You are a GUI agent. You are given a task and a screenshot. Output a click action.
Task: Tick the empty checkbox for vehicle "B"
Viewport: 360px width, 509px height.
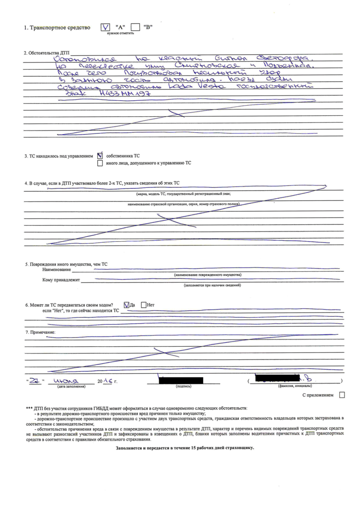[x=135, y=27]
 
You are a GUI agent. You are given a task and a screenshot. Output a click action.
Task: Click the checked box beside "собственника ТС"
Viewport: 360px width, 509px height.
[x=100, y=156]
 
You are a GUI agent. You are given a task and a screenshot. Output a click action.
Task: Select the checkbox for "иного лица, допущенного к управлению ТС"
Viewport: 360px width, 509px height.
[x=100, y=163]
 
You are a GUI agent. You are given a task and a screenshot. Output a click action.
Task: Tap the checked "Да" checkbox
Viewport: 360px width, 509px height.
[x=127, y=305]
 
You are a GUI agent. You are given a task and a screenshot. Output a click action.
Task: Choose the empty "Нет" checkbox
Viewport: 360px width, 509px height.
[x=144, y=305]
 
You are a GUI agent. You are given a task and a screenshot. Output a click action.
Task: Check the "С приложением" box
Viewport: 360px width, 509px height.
[x=342, y=395]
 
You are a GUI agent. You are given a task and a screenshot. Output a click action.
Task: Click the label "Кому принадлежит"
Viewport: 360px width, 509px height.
[x=61, y=280]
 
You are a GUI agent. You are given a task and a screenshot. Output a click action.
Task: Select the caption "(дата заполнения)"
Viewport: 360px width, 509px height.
[x=72, y=386]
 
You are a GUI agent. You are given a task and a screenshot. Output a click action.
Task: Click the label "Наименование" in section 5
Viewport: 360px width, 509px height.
[x=57, y=269]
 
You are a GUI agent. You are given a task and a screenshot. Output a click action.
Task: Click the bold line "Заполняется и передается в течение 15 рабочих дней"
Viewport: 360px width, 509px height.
[x=185, y=447]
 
